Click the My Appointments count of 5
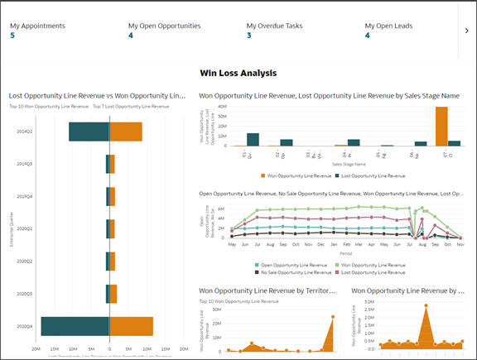point(12,36)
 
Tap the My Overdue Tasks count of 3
point(249,36)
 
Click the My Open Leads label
point(391,26)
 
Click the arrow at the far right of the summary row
point(466,31)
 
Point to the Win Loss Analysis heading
point(238,73)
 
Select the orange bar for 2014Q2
point(126,132)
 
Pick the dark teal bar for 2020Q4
point(75,326)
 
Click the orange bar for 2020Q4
point(132,326)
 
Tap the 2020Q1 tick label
point(25,228)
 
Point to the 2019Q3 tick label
point(25,164)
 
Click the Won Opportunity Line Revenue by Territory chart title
point(266,290)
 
